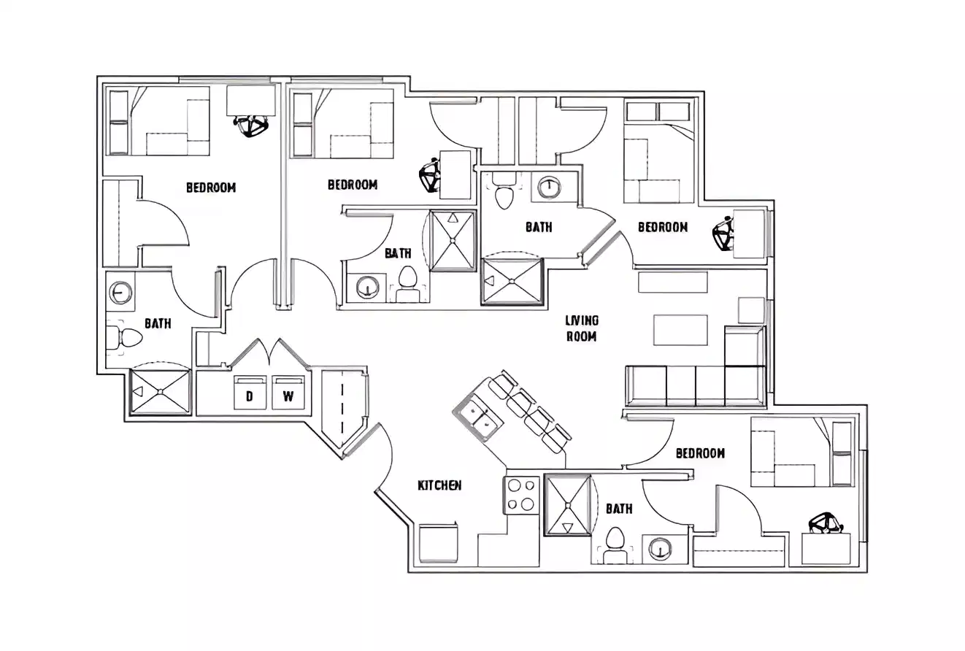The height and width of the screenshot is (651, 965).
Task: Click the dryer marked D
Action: click(250, 393)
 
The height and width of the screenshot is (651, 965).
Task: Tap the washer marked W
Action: click(288, 393)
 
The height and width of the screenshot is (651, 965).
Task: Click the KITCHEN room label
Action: click(439, 485)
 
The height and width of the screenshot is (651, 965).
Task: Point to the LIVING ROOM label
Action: click(582, 328)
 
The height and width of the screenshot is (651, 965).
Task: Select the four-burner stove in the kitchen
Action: click(520, 496)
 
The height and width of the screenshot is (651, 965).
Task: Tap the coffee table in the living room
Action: click(680, 330)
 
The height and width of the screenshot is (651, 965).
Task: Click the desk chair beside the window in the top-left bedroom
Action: click(253, 126)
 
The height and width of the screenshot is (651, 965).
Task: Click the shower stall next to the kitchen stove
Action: click(567, 506)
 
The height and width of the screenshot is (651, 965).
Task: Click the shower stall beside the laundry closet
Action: click(159, 393)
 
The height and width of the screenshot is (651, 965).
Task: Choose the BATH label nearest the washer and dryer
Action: click(158, 323)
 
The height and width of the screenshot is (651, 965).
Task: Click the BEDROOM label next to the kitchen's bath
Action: click(700, 453)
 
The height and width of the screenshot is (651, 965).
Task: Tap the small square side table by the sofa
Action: click(750, 310)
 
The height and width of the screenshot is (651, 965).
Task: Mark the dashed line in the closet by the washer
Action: click(340, 406)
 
